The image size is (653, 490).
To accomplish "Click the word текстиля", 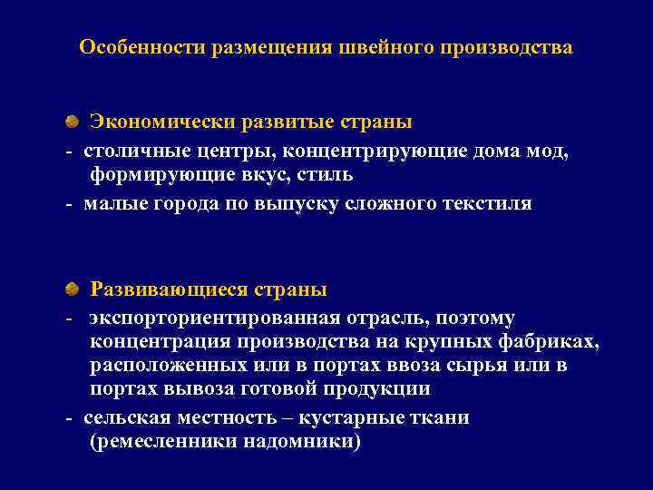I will tap(486, 203).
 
